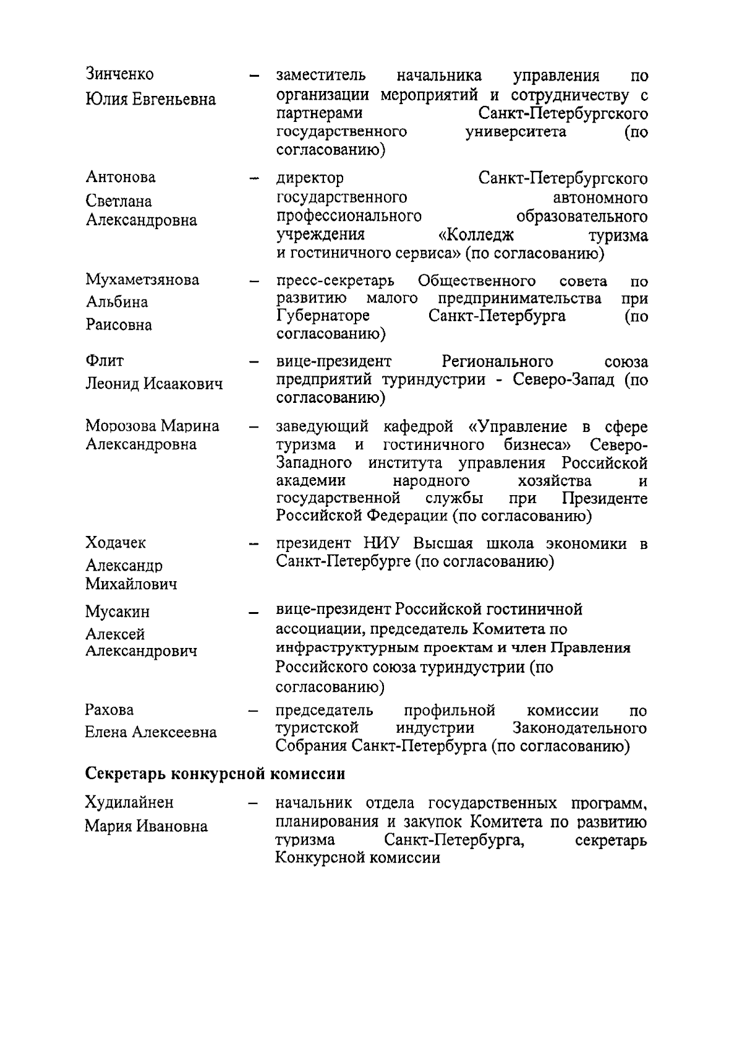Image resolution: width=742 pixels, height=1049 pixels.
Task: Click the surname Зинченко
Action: click(119, 74)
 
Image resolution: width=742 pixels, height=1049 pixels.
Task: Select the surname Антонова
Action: click(120, 178)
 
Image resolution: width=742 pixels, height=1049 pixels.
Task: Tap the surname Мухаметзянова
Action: click(142, 280)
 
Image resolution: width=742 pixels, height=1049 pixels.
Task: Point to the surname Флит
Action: click(104, 361)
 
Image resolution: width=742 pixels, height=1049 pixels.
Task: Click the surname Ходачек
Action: click(116, 543)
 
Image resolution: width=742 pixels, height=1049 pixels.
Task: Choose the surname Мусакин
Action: click(117, 612)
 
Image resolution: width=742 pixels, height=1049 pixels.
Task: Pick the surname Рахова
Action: click(109, 710)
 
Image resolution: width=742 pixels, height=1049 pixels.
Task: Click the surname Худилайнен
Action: click(129, 803)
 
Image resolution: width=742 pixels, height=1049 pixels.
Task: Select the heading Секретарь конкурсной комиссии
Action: click(215, 774)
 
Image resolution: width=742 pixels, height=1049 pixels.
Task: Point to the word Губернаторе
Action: click(323, 316)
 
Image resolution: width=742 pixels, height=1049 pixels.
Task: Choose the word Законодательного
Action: click(579, 728)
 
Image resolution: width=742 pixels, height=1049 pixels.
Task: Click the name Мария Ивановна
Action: click(146, 826)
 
